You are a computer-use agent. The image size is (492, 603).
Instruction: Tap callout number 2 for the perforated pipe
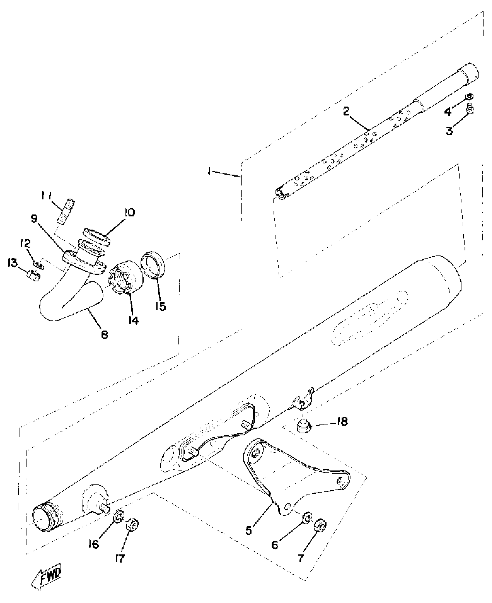coord(346,111)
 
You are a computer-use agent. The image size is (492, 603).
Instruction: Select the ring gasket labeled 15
coord(153,265)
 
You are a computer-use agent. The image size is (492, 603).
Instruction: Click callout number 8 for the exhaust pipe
coord(104,335)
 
